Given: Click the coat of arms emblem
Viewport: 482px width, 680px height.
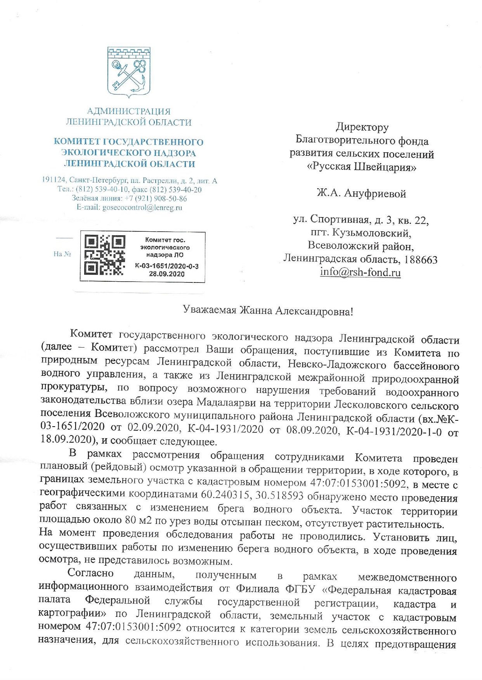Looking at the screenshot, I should point(128,72).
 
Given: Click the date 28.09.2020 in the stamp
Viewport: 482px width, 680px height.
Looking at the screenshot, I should point(166,274).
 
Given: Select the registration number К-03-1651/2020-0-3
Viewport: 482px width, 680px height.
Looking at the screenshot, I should point(166,266).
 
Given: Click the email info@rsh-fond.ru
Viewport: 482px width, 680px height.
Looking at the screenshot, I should point(360,272).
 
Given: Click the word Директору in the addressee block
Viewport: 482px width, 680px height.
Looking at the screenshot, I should point(362,127).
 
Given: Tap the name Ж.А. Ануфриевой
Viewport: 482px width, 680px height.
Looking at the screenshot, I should point(361,193).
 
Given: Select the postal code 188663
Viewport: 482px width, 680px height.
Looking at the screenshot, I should point(421,259).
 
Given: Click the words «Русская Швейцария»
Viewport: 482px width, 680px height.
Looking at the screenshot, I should point(361,167).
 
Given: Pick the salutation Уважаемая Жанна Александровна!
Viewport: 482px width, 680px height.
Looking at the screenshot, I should point(268,311).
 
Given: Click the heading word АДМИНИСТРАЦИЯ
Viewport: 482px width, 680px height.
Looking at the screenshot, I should point(129,112).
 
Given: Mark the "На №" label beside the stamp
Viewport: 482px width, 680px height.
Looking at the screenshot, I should point(62,254).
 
